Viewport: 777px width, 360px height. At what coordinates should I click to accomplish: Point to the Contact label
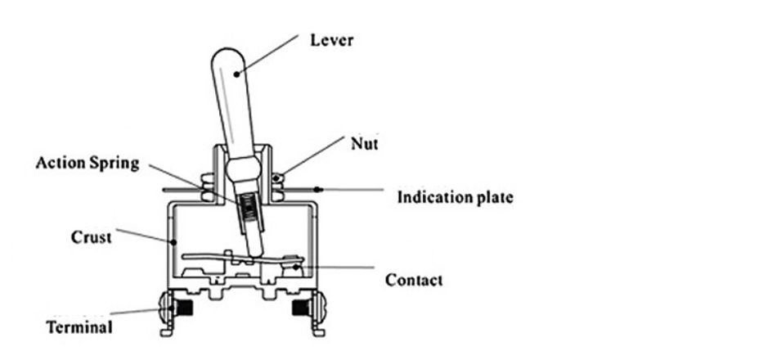413,280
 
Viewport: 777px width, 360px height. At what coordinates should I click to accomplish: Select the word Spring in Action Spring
115,163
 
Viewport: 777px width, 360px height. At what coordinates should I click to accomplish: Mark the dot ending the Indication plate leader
320,190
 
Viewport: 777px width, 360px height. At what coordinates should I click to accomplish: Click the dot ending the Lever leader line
236,74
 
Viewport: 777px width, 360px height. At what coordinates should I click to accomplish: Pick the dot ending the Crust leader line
174,242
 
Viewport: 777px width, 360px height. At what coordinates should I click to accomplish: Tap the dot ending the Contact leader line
295,263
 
